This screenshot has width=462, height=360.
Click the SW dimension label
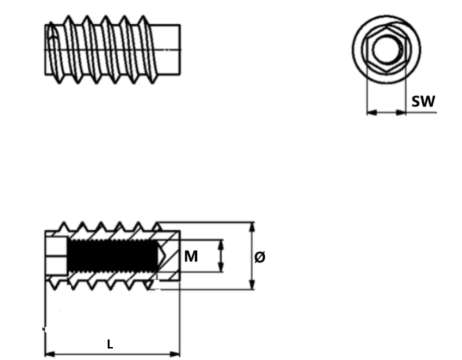pos(423,101)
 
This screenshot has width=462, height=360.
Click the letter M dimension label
pos(191,256)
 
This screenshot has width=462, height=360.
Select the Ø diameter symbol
pos(260,257)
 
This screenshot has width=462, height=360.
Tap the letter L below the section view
pos(110,344)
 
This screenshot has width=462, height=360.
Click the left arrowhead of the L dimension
pos(49,354)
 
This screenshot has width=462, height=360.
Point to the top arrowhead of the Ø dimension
pos(252,226)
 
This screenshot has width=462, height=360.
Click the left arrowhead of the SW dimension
pos(371,112)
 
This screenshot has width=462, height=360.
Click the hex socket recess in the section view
pos(56,256)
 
